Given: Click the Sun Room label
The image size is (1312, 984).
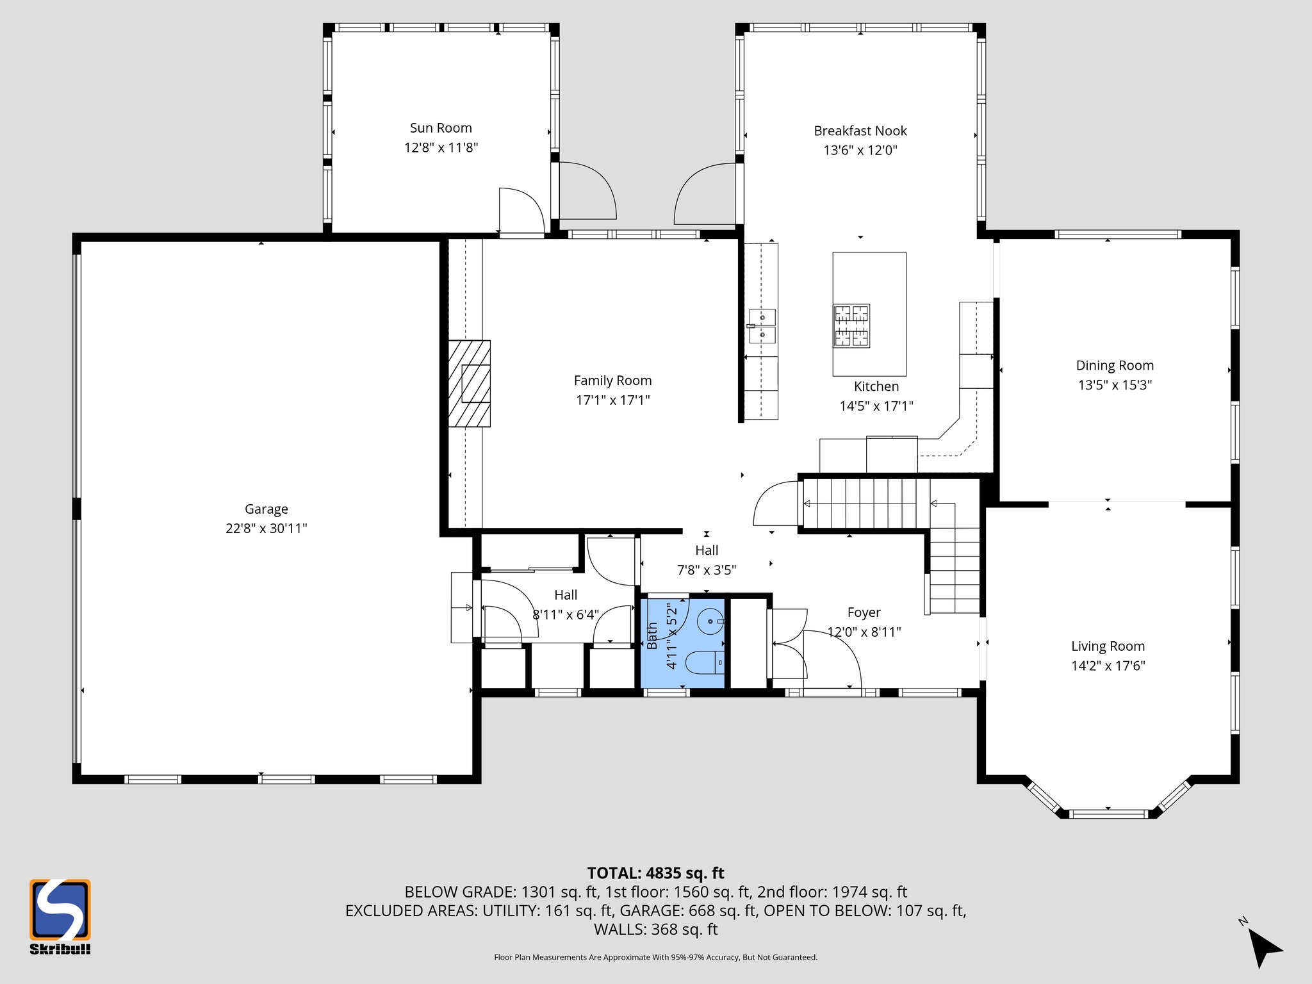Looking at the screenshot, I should [x=441, y=128].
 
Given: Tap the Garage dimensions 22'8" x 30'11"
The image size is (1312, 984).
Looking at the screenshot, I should [x=266, y=529].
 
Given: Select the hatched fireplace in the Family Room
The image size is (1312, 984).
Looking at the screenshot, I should [x=469, y=383].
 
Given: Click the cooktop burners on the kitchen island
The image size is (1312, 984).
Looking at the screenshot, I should [x=851, y=325].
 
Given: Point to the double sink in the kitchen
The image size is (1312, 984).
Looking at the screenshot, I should [x=762, y=325].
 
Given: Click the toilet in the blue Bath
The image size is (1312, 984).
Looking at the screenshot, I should [x=705, y=662].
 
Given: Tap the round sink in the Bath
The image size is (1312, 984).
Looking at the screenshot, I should [x=710, y=621].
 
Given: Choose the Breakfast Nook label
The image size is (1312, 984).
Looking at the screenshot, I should [x=860, y=131].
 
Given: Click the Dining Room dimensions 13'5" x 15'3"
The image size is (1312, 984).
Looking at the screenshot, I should [x=1115, y=385].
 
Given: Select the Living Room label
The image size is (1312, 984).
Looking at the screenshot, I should [x=1108, y=646].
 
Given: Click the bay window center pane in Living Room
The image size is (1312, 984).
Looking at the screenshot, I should [x=1108, y=814].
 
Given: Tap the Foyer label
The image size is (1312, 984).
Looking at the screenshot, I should [x=864, y=612].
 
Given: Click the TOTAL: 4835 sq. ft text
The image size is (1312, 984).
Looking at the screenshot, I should [x=655, y=873].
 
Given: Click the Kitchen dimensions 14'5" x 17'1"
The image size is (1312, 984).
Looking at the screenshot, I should [x=876, y=406].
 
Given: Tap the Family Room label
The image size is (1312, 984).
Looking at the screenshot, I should [x=612, y=381].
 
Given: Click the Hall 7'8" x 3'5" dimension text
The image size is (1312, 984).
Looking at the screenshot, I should [x=707, y=570].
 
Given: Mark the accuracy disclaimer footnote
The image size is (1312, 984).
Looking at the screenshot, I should [x=655, y=957].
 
